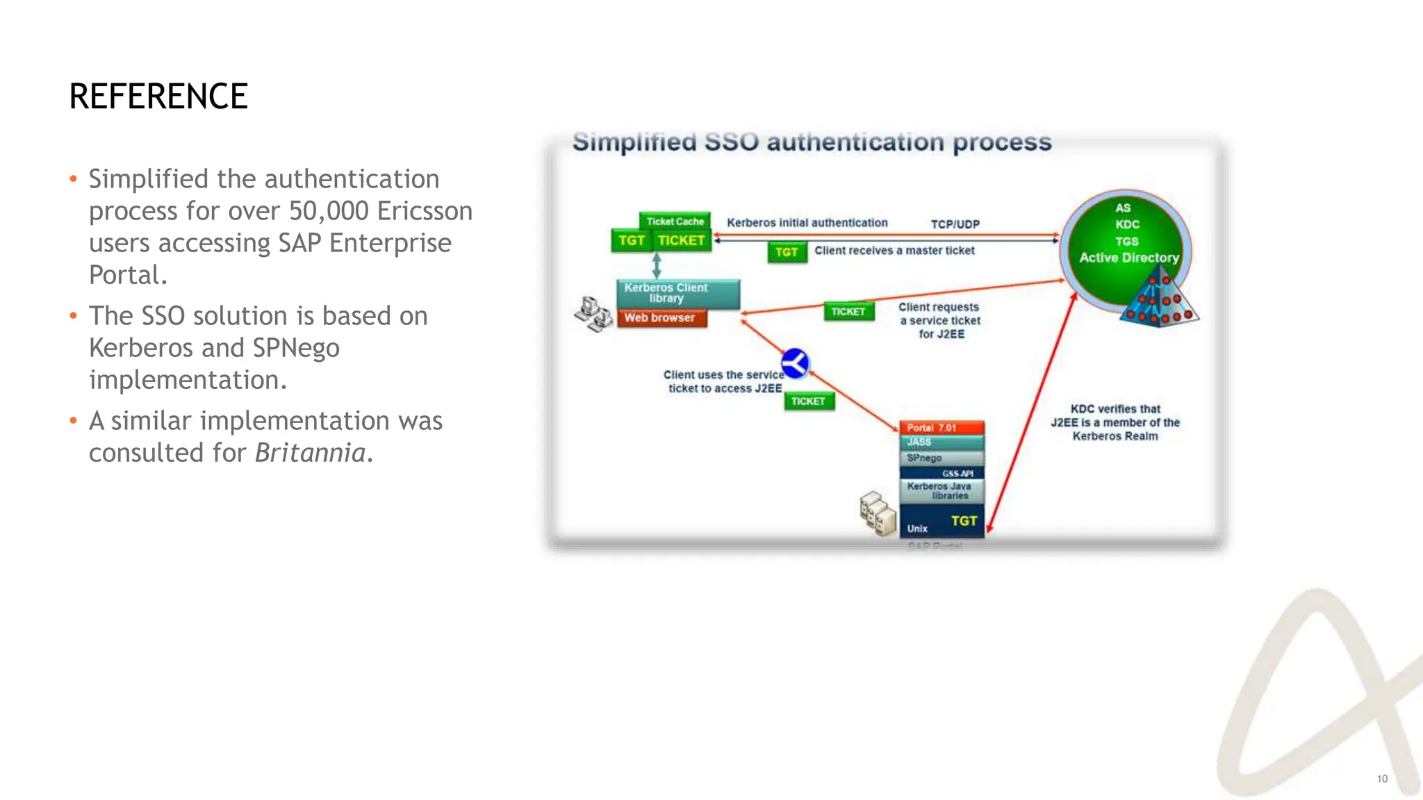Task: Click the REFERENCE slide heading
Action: tap(158, 96)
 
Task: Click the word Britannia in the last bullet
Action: tap(310, 453)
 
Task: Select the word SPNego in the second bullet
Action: tap(296, 347)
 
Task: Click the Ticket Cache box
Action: tap(675, 222)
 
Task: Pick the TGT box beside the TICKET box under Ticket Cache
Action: tap(631, 240)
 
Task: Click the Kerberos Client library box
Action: tap(677, 293)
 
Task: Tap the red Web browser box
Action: tap(661, 318)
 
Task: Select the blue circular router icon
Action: tap(795, 363)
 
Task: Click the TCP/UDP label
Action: tap(955, 224)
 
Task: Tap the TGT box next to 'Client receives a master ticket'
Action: tap(787, 252)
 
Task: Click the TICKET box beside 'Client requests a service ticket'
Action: tap(848, 312)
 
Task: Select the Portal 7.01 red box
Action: tap(941, 428)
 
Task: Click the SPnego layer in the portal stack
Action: tap(941, 458)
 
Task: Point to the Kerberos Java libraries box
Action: tap(941, 491)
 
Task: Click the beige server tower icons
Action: tap(878, 514)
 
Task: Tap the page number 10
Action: tap(1382, 779)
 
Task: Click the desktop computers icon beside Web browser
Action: tap(593, 314)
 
